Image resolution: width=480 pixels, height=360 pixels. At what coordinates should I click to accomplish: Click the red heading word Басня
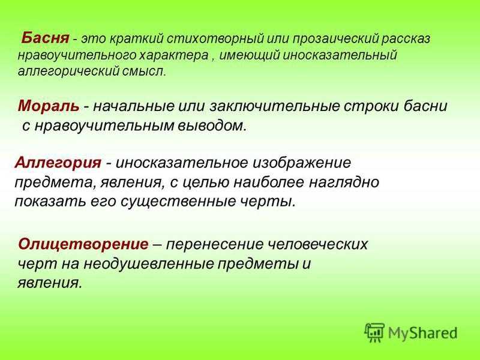point(46,38)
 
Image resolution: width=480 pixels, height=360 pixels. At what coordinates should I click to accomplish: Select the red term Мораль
point(49,106)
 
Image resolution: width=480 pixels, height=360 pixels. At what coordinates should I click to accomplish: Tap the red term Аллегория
point(58,163)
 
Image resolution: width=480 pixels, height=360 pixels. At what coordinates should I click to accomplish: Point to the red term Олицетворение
point(83,244)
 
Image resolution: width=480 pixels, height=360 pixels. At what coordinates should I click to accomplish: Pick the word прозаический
point(335,40)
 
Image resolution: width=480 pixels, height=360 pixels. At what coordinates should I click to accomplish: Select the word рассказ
point(406,40)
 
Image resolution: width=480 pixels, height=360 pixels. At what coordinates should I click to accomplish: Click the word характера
point(174,55)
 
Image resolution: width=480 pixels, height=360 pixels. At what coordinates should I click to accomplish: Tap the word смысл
point(144,71)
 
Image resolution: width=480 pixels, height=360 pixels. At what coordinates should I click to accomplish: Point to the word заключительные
point(275,107)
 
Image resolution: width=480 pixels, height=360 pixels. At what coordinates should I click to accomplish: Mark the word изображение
point(302,163)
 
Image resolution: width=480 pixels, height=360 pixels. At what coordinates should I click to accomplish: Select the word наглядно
point(344,183)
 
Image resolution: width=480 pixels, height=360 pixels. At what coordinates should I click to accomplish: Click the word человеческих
point(318,245)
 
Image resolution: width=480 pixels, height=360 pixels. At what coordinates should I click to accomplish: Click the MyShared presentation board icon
point(374,332)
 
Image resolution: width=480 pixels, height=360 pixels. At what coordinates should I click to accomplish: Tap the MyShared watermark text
point(422,333)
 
